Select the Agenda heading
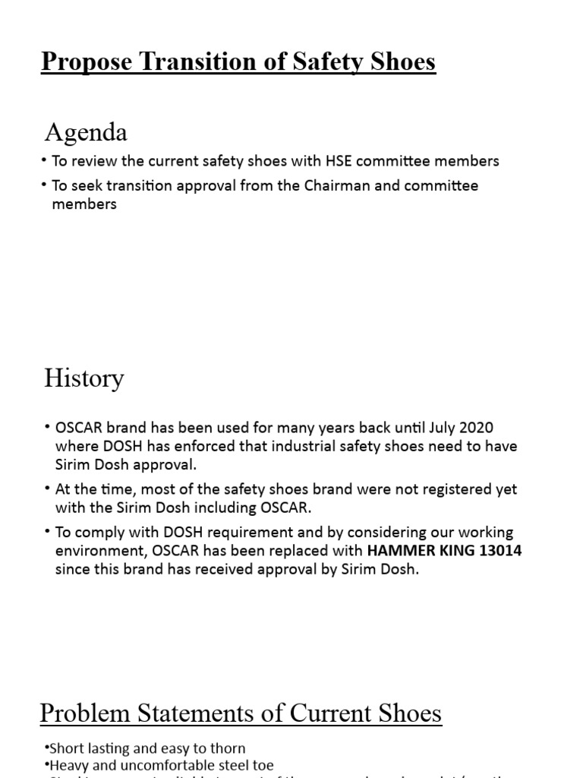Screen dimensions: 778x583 (x=86, y=133)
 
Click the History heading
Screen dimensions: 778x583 (x=84, y=378)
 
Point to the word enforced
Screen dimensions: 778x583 (x=172, y=447)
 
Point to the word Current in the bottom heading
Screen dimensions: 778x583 (x=328, y=713)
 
